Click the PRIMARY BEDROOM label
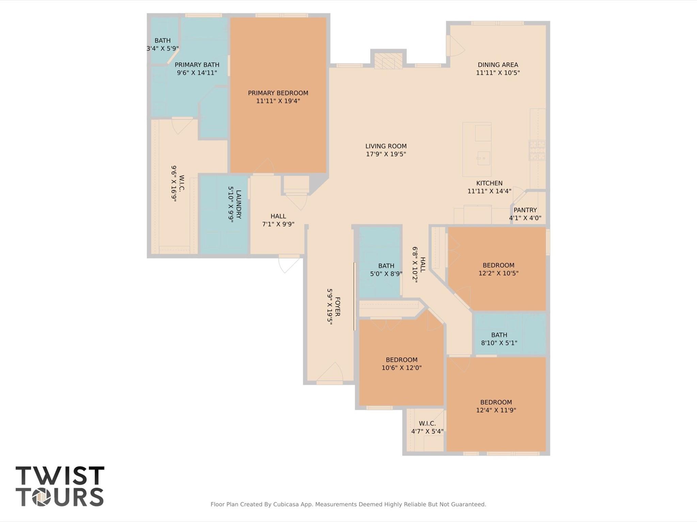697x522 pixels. click(278, 93)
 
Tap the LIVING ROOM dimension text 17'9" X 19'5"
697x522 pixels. click(386, 154)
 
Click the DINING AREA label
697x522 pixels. click(497, 65)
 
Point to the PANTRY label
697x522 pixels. click(525, 210)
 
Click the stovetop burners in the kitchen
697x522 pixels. click(537, 150)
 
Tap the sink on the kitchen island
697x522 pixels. click(483, 158)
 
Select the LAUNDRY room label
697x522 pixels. click(238, 204)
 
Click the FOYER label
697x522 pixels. click(337, 306)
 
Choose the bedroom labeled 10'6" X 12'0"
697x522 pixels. click(401, 364)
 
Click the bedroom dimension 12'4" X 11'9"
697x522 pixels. click(496, 410)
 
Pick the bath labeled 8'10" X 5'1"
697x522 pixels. click(499, 339)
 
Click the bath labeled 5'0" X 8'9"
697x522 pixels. click(386, 269)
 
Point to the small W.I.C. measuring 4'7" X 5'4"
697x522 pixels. click(427, 427)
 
